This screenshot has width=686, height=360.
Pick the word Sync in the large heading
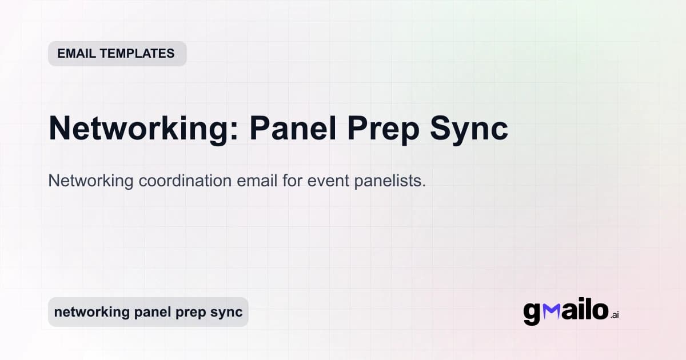(474, 129)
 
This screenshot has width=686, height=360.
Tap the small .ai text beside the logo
(615, 315)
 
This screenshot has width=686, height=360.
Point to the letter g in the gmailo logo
(532, 314)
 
